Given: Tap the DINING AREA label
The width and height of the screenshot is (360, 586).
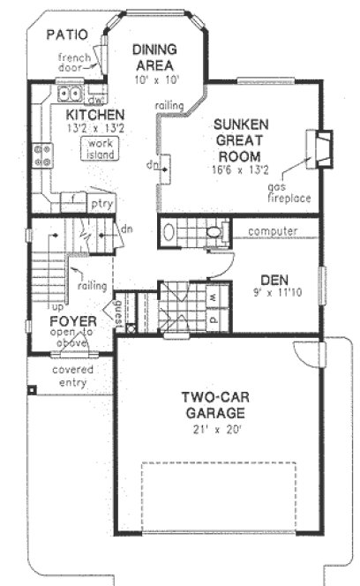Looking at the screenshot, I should pos(155,57).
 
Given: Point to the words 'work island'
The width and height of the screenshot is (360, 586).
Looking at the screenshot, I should pos(95,147).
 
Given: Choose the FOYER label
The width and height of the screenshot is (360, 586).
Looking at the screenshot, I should pos(72,320).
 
